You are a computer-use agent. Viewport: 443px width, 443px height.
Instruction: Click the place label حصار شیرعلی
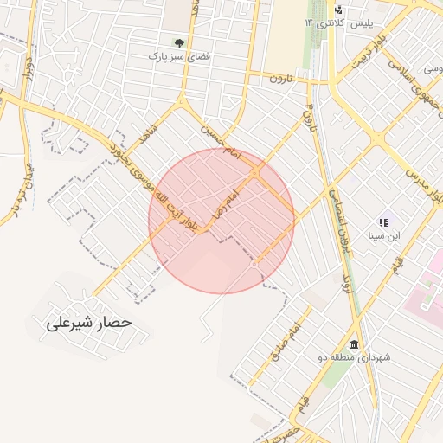click(87, 323)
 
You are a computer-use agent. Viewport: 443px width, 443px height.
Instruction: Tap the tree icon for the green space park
click(179, 42)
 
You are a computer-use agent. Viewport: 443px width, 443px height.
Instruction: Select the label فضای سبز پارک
click(180, 56)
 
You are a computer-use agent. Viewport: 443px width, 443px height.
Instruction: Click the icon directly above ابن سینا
click(383, 222)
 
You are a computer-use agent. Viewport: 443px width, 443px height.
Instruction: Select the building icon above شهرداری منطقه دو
click(355, 343)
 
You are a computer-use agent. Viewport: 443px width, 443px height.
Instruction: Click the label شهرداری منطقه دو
click(354, 357)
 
